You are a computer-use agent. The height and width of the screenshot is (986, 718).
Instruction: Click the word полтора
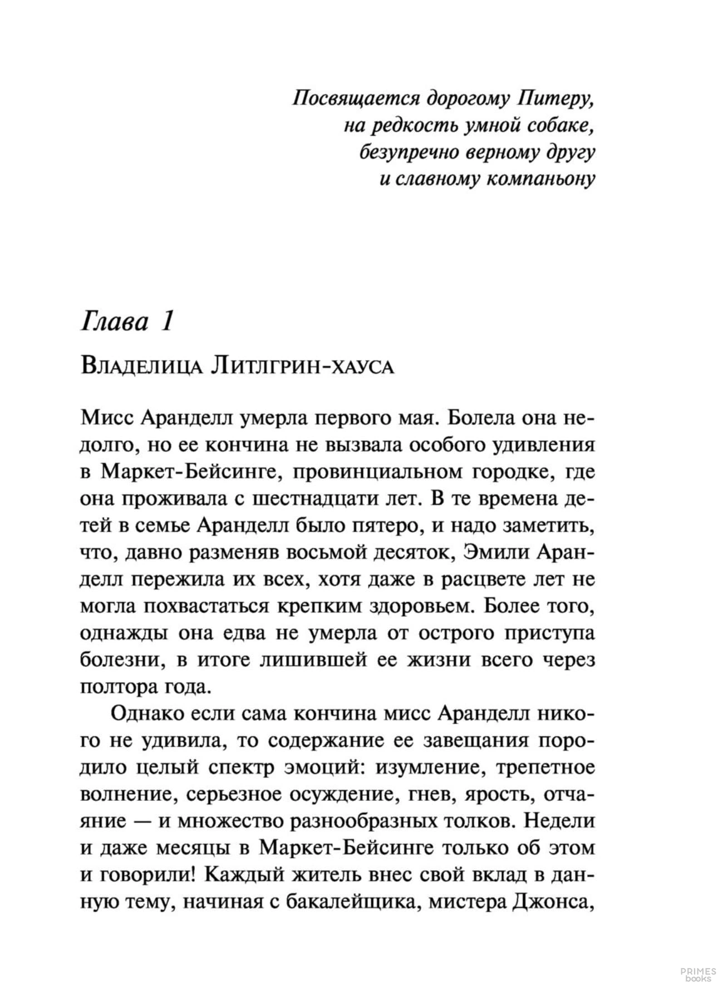point(114,687)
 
